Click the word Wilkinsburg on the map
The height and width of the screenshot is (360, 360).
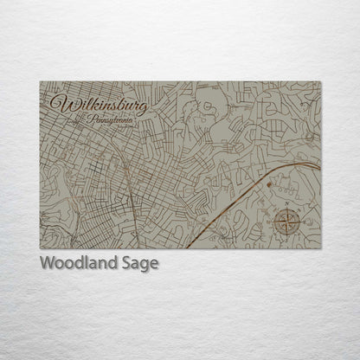point(98,105)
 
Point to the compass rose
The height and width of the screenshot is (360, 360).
point(286,222)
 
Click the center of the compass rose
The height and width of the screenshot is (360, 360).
point(286,222)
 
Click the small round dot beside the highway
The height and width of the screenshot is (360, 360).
point(269,184)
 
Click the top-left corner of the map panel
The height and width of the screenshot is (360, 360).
point(40,81)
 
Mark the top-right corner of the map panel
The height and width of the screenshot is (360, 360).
point(321,81)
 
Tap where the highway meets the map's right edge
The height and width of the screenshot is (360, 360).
point(320,164)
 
